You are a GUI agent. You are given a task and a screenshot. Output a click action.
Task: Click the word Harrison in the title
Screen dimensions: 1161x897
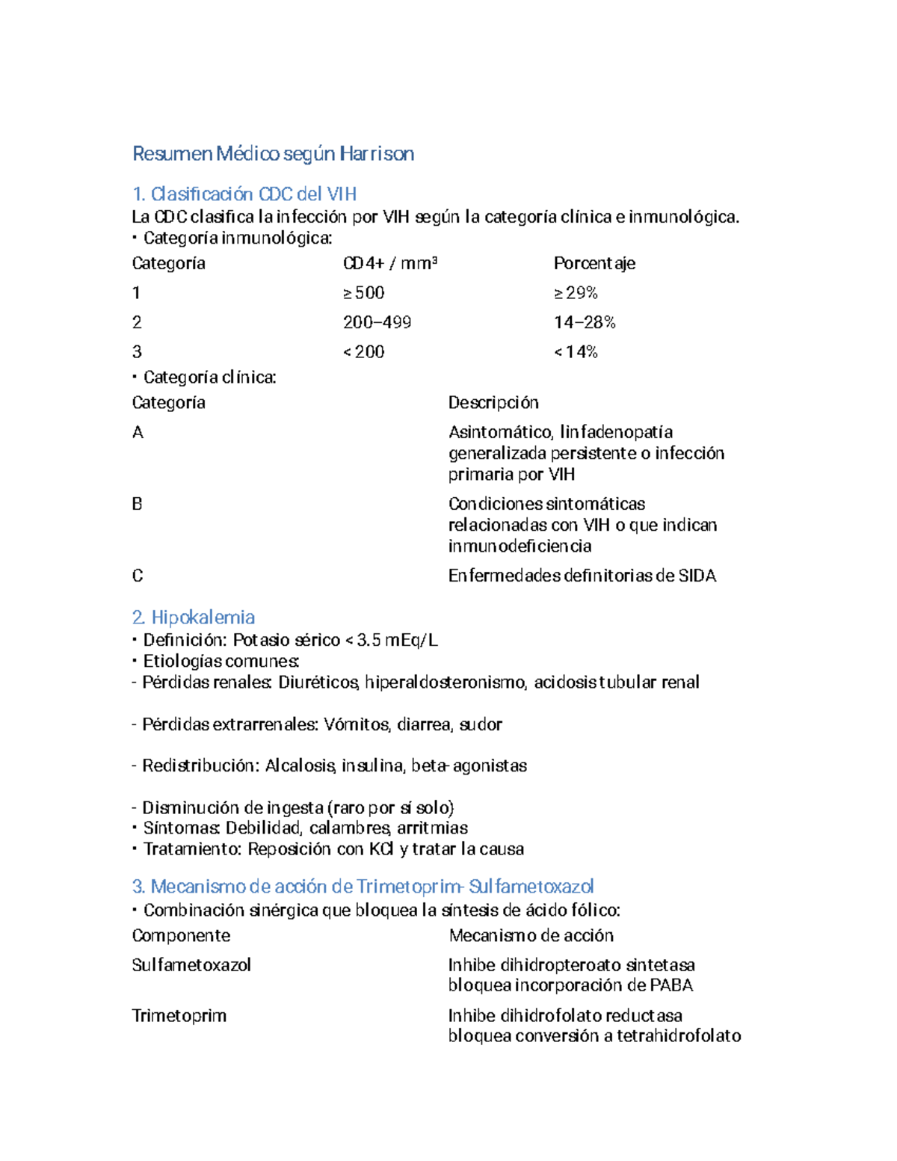tap(376, 154)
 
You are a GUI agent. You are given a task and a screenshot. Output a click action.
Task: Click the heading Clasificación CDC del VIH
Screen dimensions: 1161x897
tap(244, 194)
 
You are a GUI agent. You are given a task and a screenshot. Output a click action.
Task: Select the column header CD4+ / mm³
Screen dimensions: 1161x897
tap(389, 263)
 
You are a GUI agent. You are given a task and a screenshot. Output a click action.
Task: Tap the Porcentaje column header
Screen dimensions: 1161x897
tap(594, 263)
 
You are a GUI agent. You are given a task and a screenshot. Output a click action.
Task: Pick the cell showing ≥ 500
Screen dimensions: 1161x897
tap(363, 293)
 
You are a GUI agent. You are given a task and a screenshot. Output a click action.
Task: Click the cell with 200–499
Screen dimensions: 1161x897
tap(377, 322)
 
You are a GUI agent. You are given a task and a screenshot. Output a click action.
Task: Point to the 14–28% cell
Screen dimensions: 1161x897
tap(585, 322)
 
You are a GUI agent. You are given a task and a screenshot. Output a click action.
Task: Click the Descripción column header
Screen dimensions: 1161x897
tap(493, 403)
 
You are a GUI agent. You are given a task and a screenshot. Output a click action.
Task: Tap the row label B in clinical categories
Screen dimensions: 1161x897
tap(137, 504)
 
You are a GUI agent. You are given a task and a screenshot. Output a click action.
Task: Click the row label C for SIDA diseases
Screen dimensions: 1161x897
tap(137, 576)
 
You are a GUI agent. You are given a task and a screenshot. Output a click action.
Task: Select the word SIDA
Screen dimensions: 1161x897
tap(697, 576)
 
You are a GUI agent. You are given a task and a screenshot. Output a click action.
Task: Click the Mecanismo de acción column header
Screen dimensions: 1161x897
tap(531, 936)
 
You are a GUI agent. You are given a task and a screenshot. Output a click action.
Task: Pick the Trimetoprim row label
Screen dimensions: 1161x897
tap(179, 1016)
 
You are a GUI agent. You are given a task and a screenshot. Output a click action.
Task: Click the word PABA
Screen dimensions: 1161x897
tap(671, 985)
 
